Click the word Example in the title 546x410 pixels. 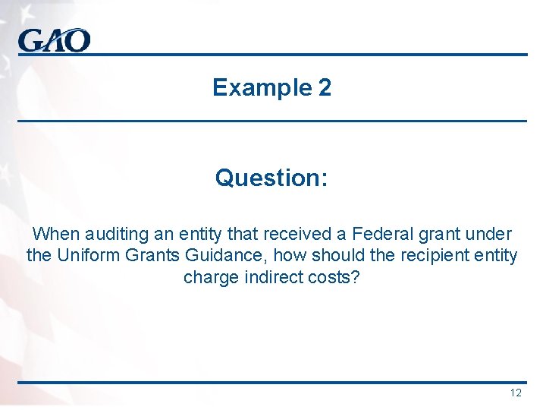pyautogui.click(x=256, y=88)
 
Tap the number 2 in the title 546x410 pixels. pyautogui.click(x=325, y=88)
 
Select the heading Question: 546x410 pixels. pyautogui.click(x=271, y=178)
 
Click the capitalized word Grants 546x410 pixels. pyautogui.click(x=152, y=256)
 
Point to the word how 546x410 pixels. pyautogui.click(x=280, y=256)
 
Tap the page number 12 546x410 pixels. pyautogui.click(x=516, y=393)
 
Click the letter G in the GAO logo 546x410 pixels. pyautogui.click(x=32, y=40)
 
